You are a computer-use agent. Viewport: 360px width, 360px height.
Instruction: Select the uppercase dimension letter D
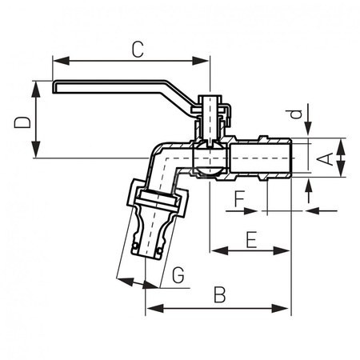click(24, 121)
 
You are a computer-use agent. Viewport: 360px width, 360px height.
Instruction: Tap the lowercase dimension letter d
click(295, 114)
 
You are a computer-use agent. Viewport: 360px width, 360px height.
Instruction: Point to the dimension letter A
click(326, 158)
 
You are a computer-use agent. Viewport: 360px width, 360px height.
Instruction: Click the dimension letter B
click(218, 294)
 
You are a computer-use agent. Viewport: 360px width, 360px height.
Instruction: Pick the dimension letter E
click(250, 238)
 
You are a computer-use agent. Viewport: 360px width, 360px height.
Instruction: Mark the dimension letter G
click(178, 276)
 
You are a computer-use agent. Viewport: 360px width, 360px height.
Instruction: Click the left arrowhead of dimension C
click(57, 59)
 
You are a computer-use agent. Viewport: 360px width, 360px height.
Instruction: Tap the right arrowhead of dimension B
click(286, 309)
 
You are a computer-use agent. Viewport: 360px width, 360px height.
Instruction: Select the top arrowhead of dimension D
click(36, 85)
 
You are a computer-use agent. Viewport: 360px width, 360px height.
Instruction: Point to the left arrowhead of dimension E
click(214, 250)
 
